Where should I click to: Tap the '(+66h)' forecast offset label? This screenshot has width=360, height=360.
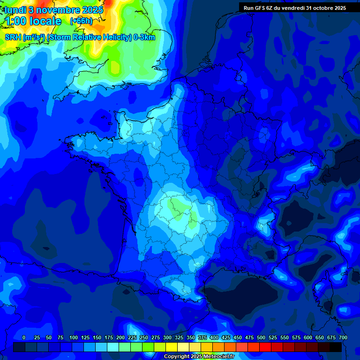click(81, 21)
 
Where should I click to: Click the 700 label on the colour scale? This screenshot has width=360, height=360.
click(343, 337)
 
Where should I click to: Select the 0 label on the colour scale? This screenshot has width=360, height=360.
click(24, 337)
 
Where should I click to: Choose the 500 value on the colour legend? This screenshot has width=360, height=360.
click(261, 337)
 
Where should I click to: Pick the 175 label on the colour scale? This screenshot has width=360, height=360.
click(109, 337)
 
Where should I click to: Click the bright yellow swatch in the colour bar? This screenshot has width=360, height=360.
click(172, 347)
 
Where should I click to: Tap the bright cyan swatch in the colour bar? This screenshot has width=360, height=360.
click(113, 347)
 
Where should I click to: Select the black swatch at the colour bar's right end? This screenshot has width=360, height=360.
click(336, 347)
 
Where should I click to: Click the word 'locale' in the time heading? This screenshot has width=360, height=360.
click(44, 21)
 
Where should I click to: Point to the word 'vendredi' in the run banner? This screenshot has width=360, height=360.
click(293, 7)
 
